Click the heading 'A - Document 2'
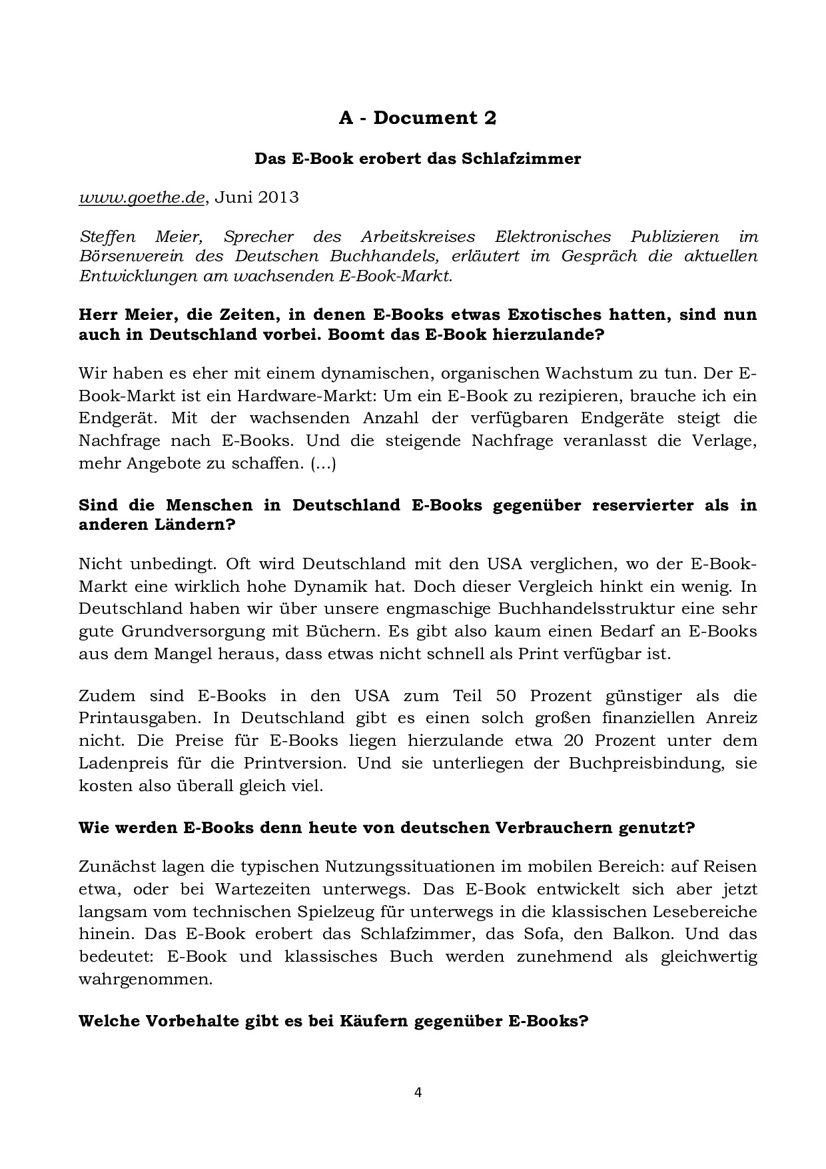pos(418,118)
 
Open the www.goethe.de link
pos(141,197)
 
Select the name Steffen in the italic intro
pos(107,237)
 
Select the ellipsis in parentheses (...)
pos(323,463)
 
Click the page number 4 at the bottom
pos(418,1092)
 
